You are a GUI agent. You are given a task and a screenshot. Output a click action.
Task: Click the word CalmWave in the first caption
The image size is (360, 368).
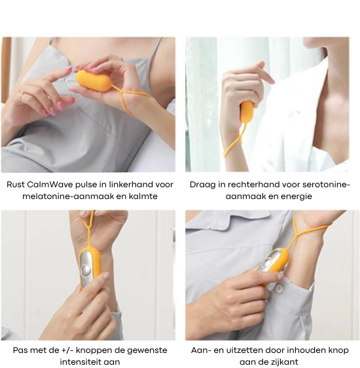tap(50, 185)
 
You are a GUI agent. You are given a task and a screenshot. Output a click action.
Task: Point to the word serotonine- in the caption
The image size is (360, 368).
tap(326, 185)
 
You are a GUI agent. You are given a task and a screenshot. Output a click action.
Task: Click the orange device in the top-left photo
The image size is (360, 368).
tap(94, 81)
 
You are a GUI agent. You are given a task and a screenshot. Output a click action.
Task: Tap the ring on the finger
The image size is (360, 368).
tap(22, 95)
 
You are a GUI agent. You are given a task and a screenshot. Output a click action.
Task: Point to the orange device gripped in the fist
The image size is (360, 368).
tap(246, 113)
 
